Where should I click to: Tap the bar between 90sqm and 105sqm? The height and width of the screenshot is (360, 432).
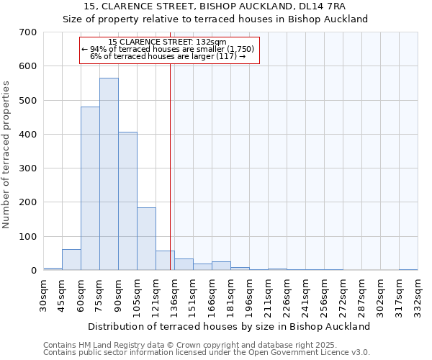click(x=127, y=202)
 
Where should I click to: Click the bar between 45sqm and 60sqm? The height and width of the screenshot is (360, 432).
click(x=71, y=260)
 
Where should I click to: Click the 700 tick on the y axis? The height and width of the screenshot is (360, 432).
click(x=28, y=32)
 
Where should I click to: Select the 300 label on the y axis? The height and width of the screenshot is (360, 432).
click(x=28, y=168)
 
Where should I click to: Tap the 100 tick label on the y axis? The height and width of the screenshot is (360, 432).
click(x=28, y=237)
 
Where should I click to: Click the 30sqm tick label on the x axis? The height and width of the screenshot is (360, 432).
click(x=44, y=295)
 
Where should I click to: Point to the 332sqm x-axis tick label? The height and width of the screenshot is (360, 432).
click(x=418, y=295)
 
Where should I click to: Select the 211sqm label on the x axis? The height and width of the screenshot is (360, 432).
click(x=269, y=295)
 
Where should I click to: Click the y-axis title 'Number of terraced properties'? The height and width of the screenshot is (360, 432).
click(x=7, y=155)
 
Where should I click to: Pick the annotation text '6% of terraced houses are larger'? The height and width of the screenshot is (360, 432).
click(x=162, y=56)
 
